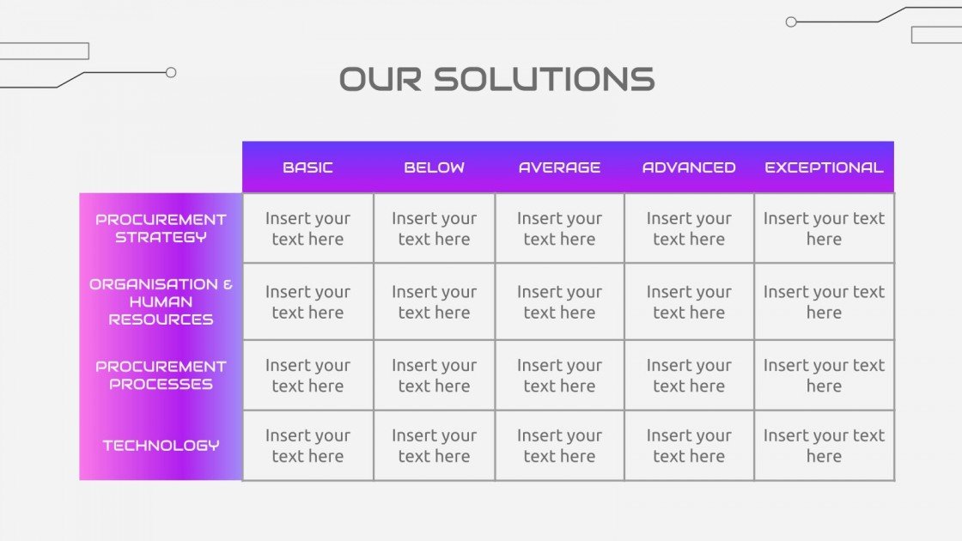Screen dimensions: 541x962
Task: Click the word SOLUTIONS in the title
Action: tap(544, 79)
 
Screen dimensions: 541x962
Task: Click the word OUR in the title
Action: tap(381, 79)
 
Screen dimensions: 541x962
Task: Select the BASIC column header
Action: tap(307, 167)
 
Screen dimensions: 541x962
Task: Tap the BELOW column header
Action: tap(434, 167)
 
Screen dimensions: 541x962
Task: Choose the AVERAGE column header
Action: tap(559, 167)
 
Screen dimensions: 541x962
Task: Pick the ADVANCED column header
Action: tap(689, 167)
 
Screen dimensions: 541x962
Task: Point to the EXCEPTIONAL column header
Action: tap(824, 167)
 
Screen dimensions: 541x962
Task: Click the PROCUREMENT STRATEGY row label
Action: tap(161, 228)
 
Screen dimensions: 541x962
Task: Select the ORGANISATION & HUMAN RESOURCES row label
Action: tap(161, 301)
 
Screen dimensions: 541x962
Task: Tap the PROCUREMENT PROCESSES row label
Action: tap(161, 375)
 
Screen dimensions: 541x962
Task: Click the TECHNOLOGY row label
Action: tap(161, 445)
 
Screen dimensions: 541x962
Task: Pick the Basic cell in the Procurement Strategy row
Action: tap(307, 228)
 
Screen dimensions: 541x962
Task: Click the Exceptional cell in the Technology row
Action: tap(824, 446)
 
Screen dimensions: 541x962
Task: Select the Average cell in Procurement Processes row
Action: tap(559, 375)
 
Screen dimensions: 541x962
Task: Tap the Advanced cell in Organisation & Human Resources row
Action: tap(689, 301)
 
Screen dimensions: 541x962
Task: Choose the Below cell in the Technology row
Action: tap(434, 446)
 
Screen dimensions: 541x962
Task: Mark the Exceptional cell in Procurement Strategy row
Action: tap(824, 228)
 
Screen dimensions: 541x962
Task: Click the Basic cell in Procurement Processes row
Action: tap(307, 375)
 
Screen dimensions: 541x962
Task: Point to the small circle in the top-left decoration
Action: tap(171, 73)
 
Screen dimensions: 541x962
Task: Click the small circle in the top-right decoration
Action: tap(791, 22)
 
